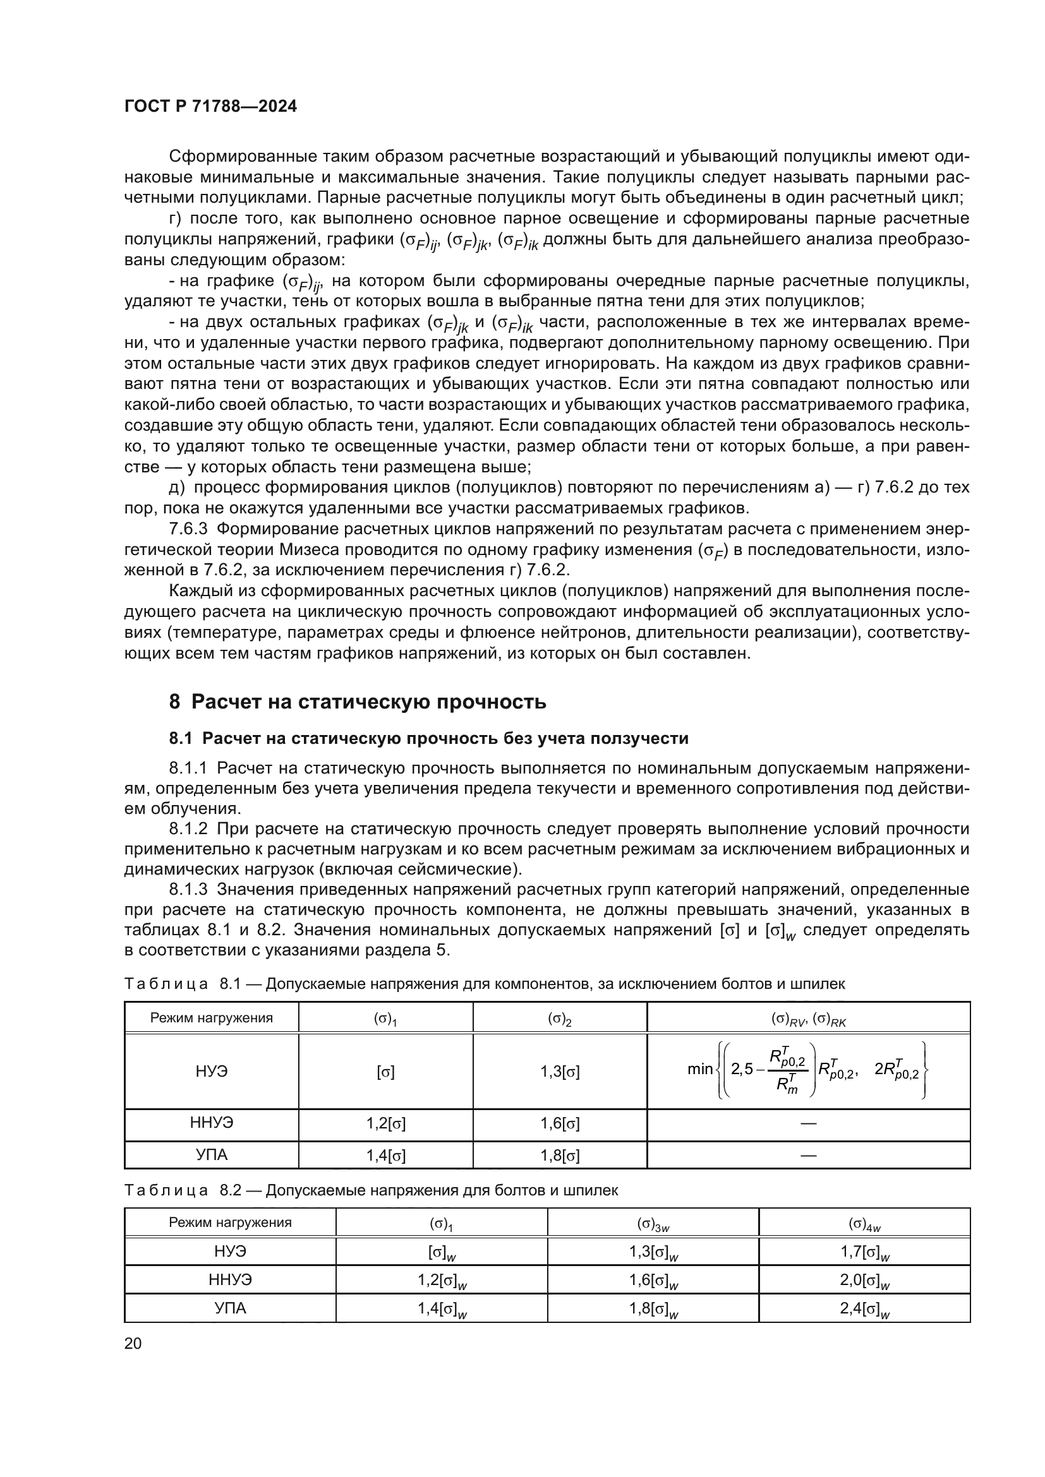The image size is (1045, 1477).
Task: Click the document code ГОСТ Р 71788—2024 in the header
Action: pyautogui.click(x=210, y=107)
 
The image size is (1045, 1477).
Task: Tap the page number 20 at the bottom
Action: pyautogui.click(x=133, y=1343)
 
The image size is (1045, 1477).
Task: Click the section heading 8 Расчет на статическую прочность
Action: pyautogui.click(x=357, y=701)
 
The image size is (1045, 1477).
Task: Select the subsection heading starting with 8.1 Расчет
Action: pyautogui.click(x=428, y=739)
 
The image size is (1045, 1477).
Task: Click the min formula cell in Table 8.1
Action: pyautogui.click(x=808, y=1070)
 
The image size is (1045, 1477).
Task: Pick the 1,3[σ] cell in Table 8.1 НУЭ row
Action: pyautogui.click(x=560, y=1072)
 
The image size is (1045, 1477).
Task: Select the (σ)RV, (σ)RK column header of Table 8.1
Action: pyautogui.click(x=808, y=1019)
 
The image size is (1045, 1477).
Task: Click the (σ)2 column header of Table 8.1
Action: pyautogui.click(x=560, y=1019)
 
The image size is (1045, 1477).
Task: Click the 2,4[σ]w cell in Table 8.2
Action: pyautogui.click(x=864, y=1309)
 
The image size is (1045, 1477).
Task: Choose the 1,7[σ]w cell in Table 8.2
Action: pyautogui.click(x=864, y=1252)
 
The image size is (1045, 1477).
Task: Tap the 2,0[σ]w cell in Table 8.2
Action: pyautogui.click(x=864, y=1281)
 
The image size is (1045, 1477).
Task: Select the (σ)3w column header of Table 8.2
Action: pyautogui.click(x=653, y=1224)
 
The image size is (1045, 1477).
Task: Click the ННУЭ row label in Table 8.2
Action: pyautogui.click(x=231, y=1280)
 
